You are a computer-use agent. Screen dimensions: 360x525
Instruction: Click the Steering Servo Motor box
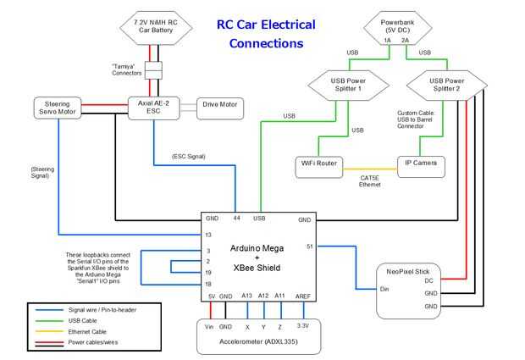(57, 108)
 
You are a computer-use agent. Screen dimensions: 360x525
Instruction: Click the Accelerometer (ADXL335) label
(260, 345)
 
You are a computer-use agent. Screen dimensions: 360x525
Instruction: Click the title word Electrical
(285, 25)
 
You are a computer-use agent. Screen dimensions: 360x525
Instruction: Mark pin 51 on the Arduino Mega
(310, 246)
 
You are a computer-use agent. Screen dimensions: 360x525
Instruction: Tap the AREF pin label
(303, 296)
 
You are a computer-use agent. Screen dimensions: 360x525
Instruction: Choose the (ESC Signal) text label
(188, 156)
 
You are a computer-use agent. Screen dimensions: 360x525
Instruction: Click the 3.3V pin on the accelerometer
(303, 325)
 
